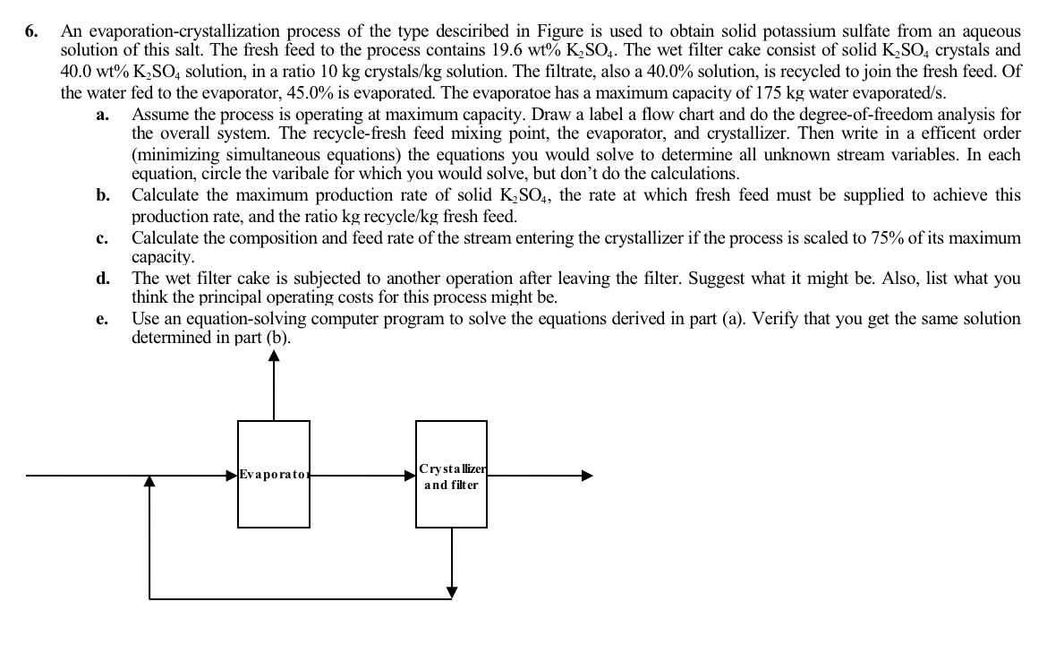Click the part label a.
pos(102,114)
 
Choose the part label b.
pos(103,196)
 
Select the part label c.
pos(102,238)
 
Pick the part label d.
pos(103,279)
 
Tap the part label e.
pos(102,320)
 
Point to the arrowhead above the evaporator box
pos(274,357)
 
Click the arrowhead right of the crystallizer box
pos(586,477)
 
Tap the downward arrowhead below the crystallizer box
pos(452,591)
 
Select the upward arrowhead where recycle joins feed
pos(149,483)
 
